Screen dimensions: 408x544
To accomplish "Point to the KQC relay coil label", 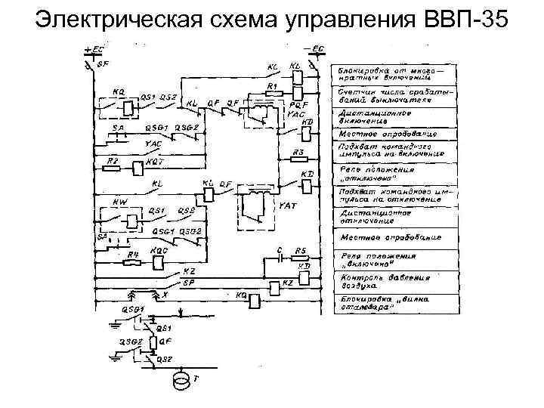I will (x=159, y=250).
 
